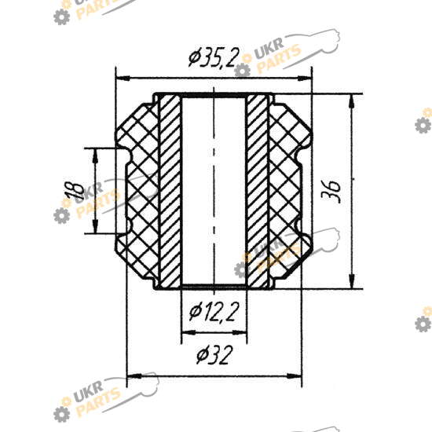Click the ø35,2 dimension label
coord(213,57)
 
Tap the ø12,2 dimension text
coord(214,312)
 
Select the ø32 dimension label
coord(214,355)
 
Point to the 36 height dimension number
coord(331,192)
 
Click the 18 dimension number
coord(74,191)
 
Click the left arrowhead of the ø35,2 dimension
coord(123,79)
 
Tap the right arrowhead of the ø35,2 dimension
coord(304,79)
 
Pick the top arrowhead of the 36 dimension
coord(352,101)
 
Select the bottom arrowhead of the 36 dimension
coord(352,281)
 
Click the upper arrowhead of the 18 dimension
coord(95,156)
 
